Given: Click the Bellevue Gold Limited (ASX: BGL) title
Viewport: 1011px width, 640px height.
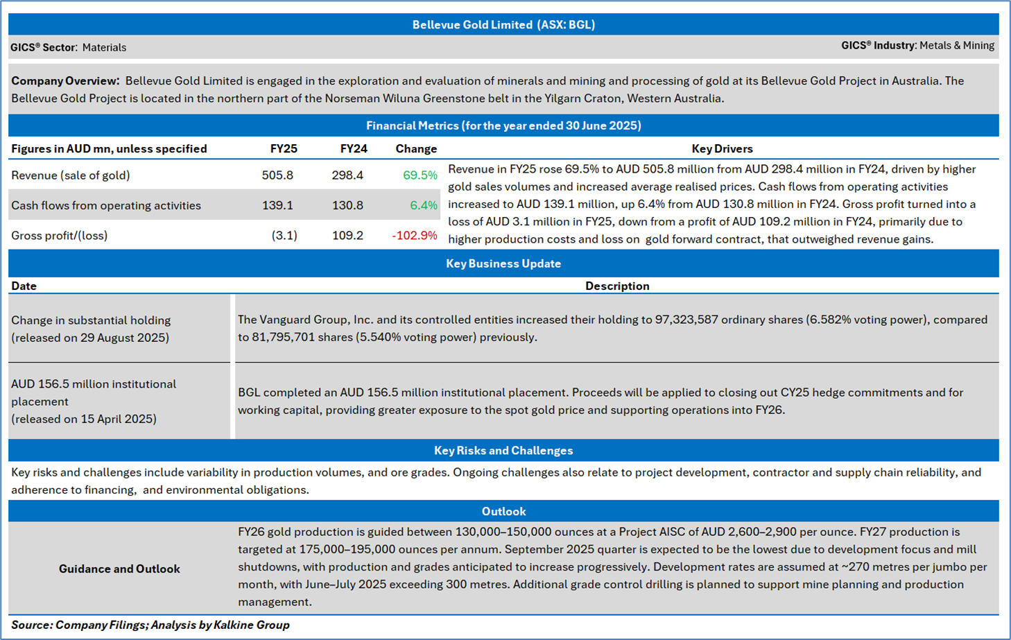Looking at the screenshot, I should pyautogui.click(x=503, y=25).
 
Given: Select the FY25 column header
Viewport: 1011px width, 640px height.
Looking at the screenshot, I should pyautogui.click(x=284, y=149).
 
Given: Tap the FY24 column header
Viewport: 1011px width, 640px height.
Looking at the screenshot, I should pyautogui.click(x=354, y=149).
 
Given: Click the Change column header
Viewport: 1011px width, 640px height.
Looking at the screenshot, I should pyautogui.click(x=416, y=149).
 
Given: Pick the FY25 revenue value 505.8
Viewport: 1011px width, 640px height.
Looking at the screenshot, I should pyautogui.click(x=277, y=175).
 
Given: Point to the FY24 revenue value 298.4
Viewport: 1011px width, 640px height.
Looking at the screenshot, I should pyautogui.click(x=347, y=175).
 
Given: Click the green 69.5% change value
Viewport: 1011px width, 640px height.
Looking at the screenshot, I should pyautogui.click(x=420, y=175).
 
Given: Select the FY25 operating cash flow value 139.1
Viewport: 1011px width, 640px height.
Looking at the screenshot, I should pyautogui.click(x=277, y=205).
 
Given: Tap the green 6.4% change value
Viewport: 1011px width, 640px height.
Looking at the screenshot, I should pyautogui.click(x=423, y=205).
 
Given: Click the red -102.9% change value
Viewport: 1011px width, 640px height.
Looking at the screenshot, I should pyautogui.click(x=415, y=236).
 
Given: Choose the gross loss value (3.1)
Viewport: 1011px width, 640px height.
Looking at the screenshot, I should pyautogui.click(x=284, y=236).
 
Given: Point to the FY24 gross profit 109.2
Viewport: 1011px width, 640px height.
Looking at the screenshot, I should pyautogui.click(x=347, y=236).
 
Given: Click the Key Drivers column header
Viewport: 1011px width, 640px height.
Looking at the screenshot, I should pyautogui.click(x=722, y=149).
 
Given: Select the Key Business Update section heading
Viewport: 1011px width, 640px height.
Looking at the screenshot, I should pyautogui.click(x=503, y=263).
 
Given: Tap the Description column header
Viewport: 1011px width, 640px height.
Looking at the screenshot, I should pyautogui.click(x=617, y=286).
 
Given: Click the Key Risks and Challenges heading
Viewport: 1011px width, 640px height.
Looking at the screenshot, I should pyautogui.click(x=503, y=451).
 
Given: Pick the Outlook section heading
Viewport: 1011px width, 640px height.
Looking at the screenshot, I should pyautogui.click(x=503, y=512).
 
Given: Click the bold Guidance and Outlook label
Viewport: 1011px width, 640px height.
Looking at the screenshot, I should pyautogui.click(x=119, y=569).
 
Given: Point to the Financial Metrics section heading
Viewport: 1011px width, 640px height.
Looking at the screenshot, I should pyautogui.click(x=503, y=126).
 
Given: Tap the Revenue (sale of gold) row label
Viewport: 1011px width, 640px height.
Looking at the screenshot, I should pyautogui.click(x=71, y=175).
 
